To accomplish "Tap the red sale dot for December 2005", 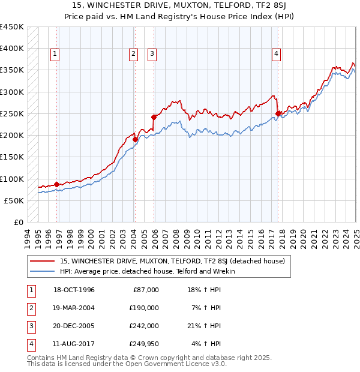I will [x=154, y=118].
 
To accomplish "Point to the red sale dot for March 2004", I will [x=135, y=140].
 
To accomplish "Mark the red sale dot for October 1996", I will [x=57, y=184].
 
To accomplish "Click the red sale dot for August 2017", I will [x=278, y=113].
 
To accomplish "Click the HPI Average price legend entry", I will [x=148, y=271].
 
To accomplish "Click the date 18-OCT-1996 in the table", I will [x=74, y=290].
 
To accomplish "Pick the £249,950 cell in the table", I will [x=145, y=344].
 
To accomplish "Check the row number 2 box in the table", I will [x=31, y=308].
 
